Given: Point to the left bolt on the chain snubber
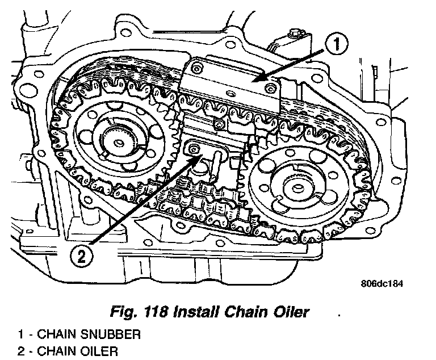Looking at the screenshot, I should point(196,69).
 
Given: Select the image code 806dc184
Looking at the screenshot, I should point(381,284).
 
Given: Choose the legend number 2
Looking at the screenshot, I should point(20,350).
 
